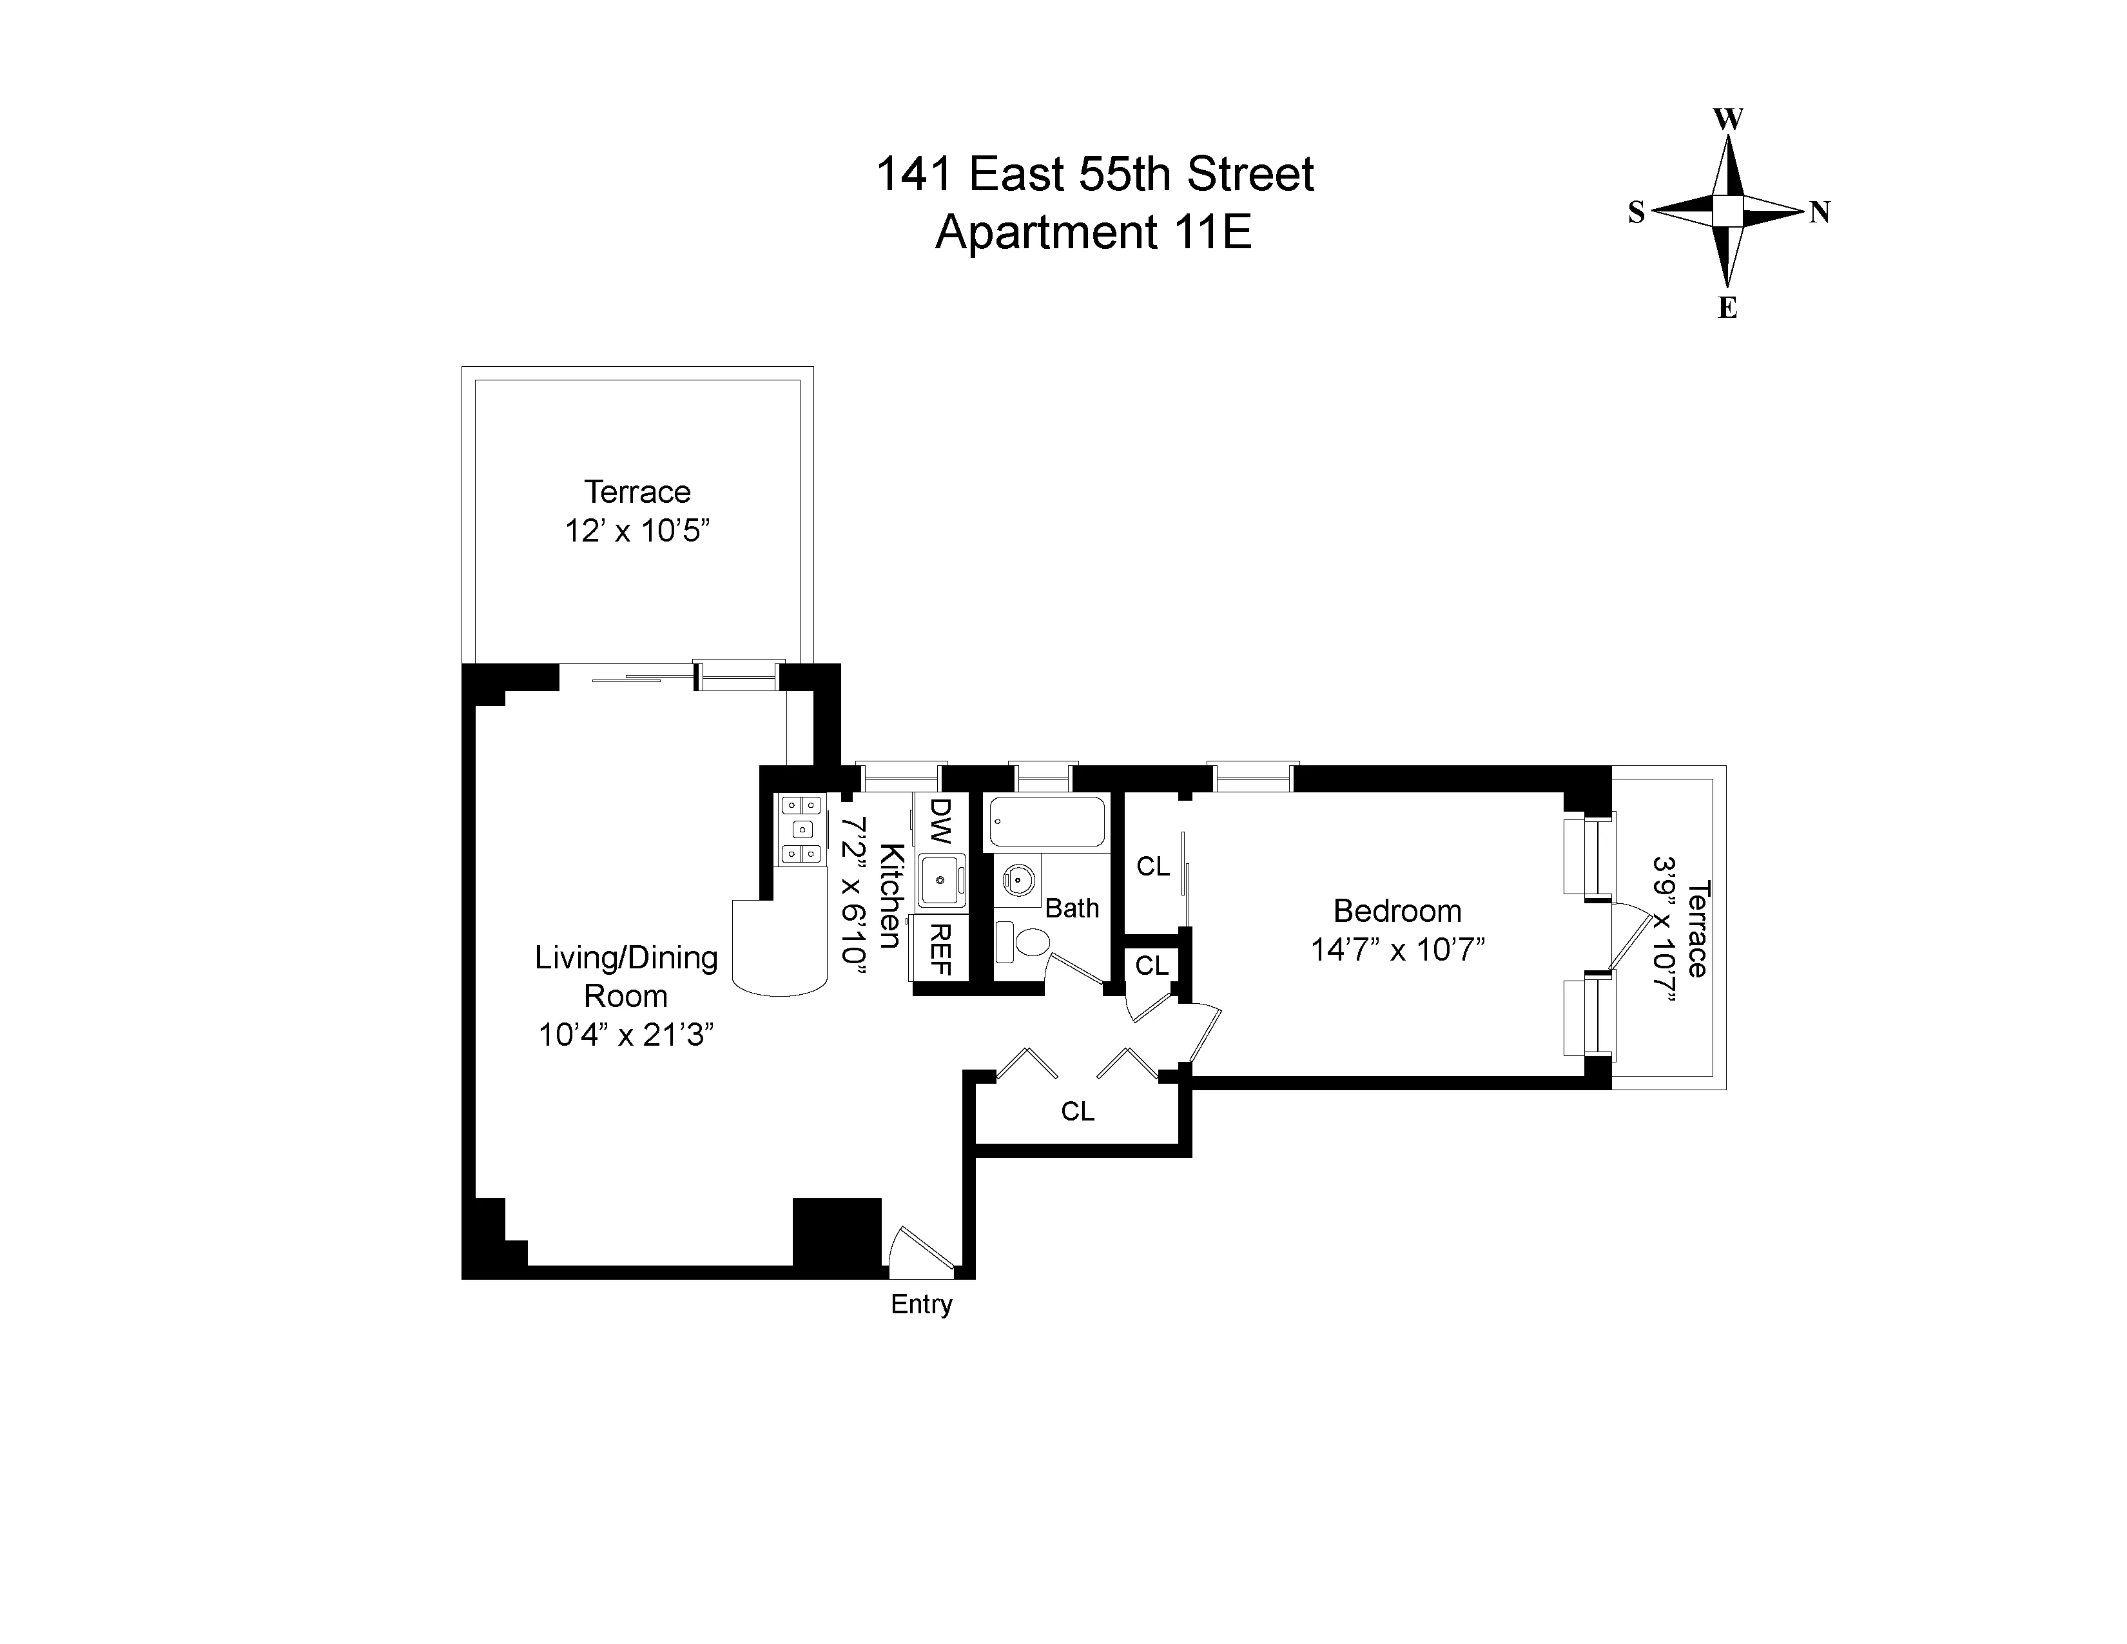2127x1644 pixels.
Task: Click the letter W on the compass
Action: [1727, 120]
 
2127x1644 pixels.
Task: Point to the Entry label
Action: [921, 1304]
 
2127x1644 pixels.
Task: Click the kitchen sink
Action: [942, 881]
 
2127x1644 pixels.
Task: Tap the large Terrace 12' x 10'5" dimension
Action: [637, 531]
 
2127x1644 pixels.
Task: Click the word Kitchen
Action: [890, 896]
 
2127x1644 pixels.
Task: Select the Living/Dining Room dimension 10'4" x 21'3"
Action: [626, 1034]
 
